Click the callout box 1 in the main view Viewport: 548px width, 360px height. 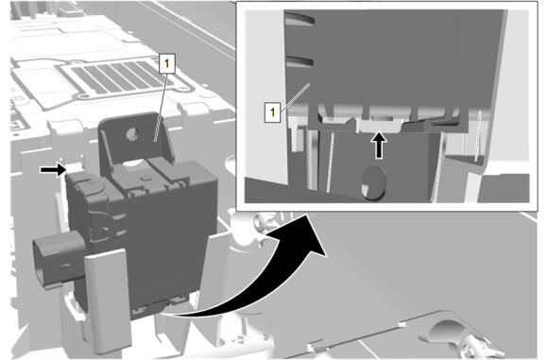click(x=166, y=63)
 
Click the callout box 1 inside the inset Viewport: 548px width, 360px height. click(x=272, y=112)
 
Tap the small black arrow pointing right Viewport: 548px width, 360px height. click(x=53, y=170)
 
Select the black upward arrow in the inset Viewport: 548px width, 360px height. click(x=379, y=145)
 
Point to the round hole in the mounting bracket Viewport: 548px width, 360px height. click(x=132, y=134)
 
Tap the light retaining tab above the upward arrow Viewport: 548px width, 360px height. click(x=378, y=125)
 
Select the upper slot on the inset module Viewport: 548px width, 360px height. click(x=300, y=19)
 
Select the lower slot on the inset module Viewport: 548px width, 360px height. click(x=300, y=61)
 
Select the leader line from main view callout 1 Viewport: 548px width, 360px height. click(x=161, y=107)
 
